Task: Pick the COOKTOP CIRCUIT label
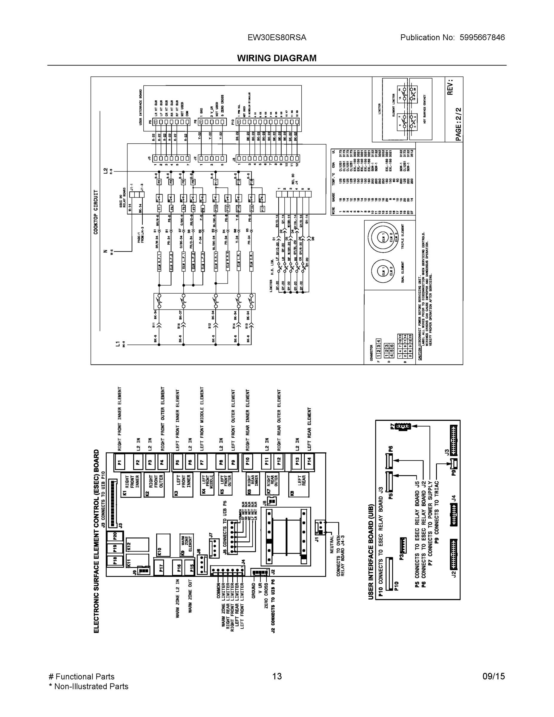(x=96, y=212)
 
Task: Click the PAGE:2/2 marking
(x=458, y=124)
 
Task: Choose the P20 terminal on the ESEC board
(x=115, y=536)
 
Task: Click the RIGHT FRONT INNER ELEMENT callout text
(x=119, y=419)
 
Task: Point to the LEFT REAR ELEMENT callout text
(x=309, y=429)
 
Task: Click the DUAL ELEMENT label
(x=403, y=272)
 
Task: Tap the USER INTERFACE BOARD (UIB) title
(x=371, y=551)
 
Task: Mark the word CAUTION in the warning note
(x=420, y=351)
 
